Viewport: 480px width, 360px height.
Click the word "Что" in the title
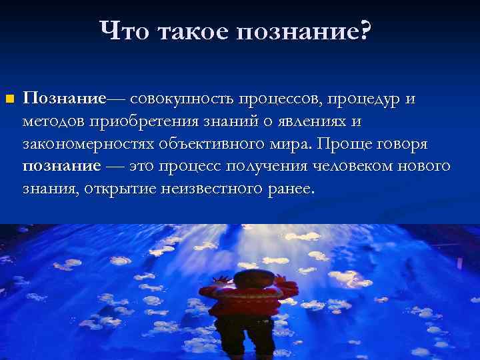125,31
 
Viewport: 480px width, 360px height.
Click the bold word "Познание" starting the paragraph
64,99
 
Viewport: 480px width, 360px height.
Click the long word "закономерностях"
88,144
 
